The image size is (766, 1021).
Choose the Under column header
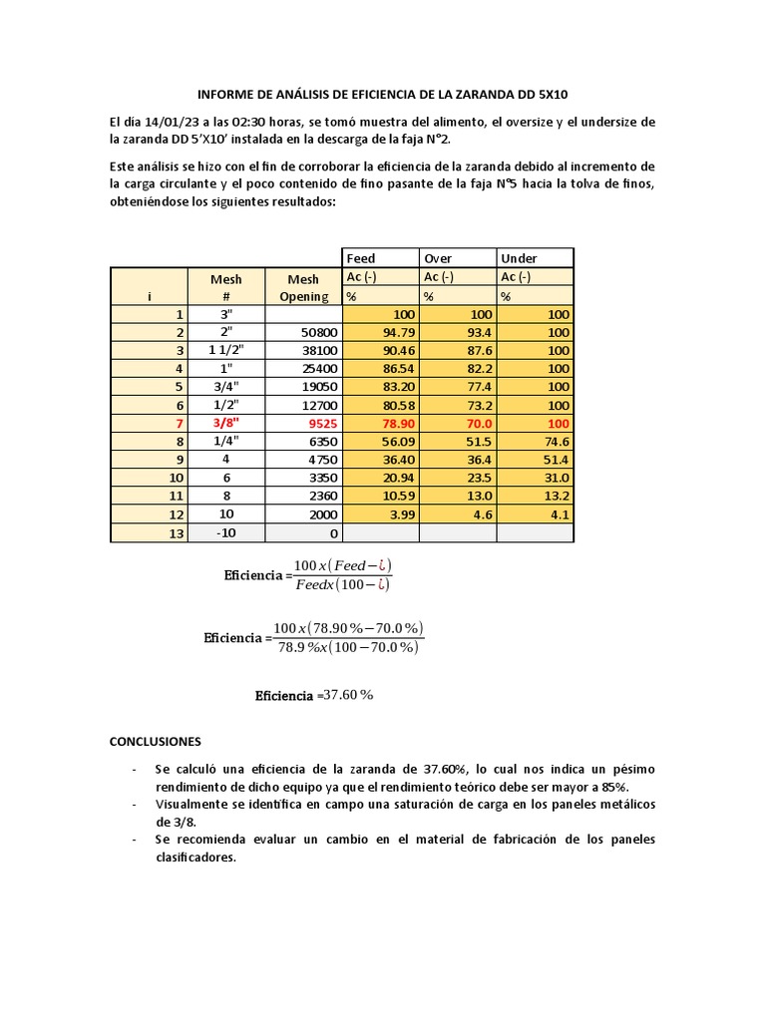519,258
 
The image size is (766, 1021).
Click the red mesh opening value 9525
321,422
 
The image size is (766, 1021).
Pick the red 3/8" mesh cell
226,422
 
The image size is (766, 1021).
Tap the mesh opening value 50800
317,332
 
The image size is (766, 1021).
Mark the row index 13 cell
177,534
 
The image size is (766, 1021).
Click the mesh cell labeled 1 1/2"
226,350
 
